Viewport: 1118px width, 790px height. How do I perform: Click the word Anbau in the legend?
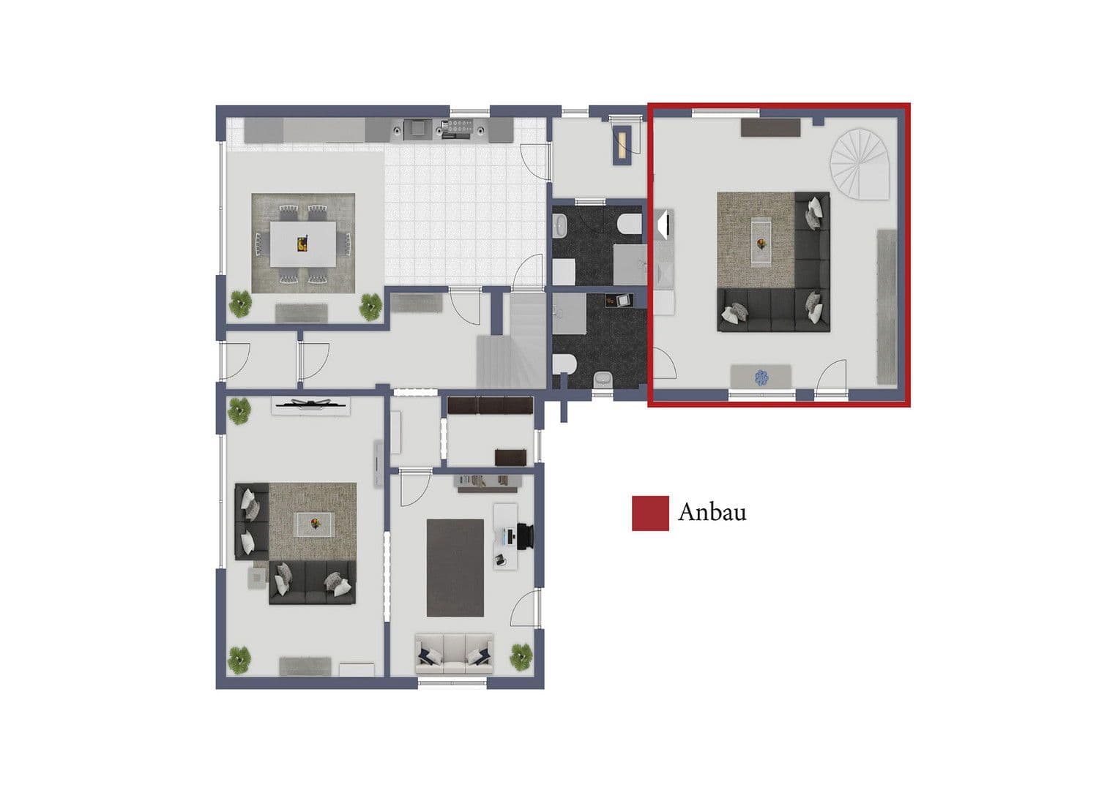(x=712, y=512)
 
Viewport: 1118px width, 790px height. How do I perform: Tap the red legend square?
(x=650, y=513)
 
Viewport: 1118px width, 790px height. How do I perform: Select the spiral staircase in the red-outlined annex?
(x=859, y=165)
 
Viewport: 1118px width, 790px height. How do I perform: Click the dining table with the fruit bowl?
(x=303, y=244)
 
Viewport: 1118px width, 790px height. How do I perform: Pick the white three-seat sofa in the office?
(x=454, y=653)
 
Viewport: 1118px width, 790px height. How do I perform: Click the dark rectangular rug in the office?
(x=455, y=568)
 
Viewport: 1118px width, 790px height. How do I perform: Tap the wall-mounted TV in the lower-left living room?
(x=311, y=404)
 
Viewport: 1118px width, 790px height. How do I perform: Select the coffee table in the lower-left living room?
(x=315, y=523)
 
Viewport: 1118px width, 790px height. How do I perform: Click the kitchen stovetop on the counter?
(x=457, y=129)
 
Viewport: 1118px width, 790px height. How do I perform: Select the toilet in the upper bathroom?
(x=627, y=224)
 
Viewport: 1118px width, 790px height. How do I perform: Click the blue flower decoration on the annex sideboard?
(x=761, y=377)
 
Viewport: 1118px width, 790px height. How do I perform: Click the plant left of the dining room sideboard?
(x=239, y=303)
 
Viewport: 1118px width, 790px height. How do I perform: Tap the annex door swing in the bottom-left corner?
(x=663, y=364)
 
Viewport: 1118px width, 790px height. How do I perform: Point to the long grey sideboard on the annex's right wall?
(x=887, y=306)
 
